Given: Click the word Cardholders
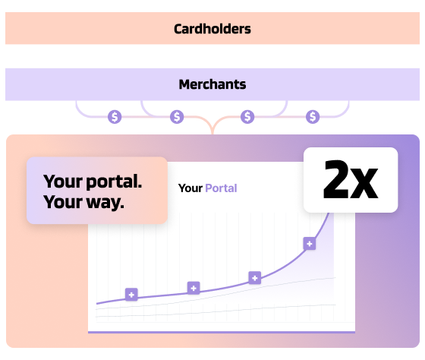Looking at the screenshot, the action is pyautogui.click(x=212, y=29).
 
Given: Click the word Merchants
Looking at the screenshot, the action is pyautogui.click(x=212, y=84).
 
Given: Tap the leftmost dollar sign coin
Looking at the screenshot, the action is pyautogui.click(x=115, y=117).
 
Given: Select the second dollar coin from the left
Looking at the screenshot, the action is pyautogui.click(x=177, y=117).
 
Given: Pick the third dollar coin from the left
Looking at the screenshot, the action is pyautogui.click(x=247, y=117).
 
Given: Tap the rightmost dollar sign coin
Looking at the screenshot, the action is pyautogui.click(x=313, y=117).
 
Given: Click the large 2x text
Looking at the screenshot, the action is pyautogui.click(x=351, y=179).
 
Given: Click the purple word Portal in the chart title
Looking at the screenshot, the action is pyautogui.click(x=221, y=188).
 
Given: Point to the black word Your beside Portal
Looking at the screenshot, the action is pyautogui.click(x=190, y=188).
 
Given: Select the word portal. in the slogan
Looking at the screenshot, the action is pyautogui.click(x=114, y=182).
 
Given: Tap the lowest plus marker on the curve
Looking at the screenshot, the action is pyautogui.click(x=131, y=295).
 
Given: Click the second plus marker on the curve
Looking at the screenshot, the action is pyautogui.click(x=194, y=288).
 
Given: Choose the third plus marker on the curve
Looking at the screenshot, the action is pyautogui.click(x=255, y=278).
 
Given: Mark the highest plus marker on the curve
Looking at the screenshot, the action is pyautogui.click(x=310, y=244).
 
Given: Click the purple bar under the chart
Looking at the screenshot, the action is pyautogui.click(x=222, y=332).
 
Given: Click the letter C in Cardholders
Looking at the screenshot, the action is pyautogui.click(x=178, y=29).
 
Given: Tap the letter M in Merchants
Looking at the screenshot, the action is pyautogui.click(x=185, y=84).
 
